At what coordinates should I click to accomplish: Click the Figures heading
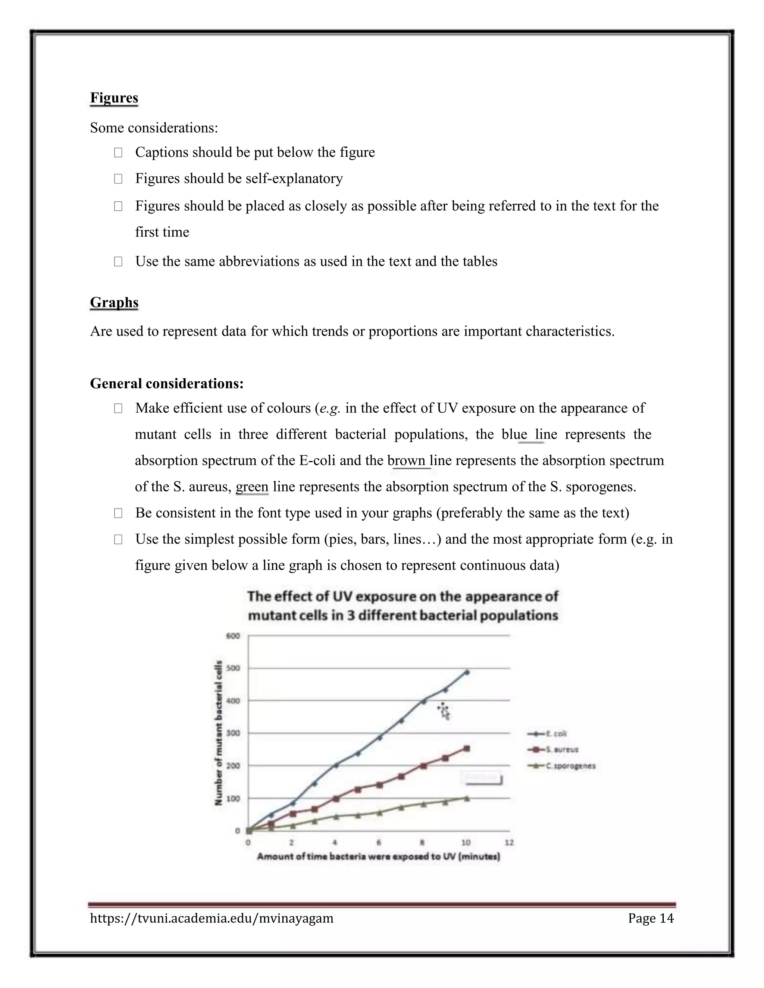pos(114,98)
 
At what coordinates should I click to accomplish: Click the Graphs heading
pos(114,302)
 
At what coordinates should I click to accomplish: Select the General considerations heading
pos(166,384)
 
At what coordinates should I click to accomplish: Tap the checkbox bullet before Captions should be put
pos(118,153)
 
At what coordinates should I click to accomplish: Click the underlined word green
pos(252,487)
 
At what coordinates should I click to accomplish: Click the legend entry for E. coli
pos(548,734)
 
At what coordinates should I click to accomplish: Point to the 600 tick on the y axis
pos(233,636)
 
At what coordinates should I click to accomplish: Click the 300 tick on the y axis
pos(233,733)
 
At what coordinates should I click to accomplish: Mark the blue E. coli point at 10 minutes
pos(467,673)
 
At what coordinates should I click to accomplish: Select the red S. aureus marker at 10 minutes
pos(467,749)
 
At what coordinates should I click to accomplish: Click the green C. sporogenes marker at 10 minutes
pos(467,799)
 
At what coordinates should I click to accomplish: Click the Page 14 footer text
pos(650,918)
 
